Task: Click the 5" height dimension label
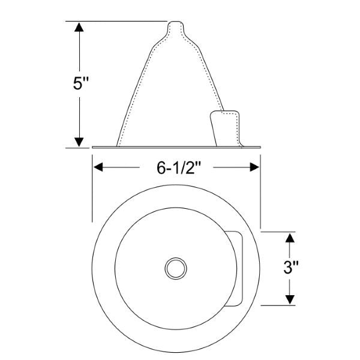(x=81, y=83)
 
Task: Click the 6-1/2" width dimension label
(x=179, y=167)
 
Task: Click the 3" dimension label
(x=291, y=268)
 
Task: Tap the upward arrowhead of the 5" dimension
(x=79, y=27)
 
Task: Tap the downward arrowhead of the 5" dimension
(x=79, y=142)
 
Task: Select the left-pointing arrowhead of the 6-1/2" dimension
(x=98, y=167)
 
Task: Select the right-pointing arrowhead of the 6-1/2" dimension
(x=254, y=167)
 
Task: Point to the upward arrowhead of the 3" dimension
(x=290, y=238)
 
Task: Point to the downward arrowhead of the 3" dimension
(x=290, y=299)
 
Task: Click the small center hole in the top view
(x=176, y=268)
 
